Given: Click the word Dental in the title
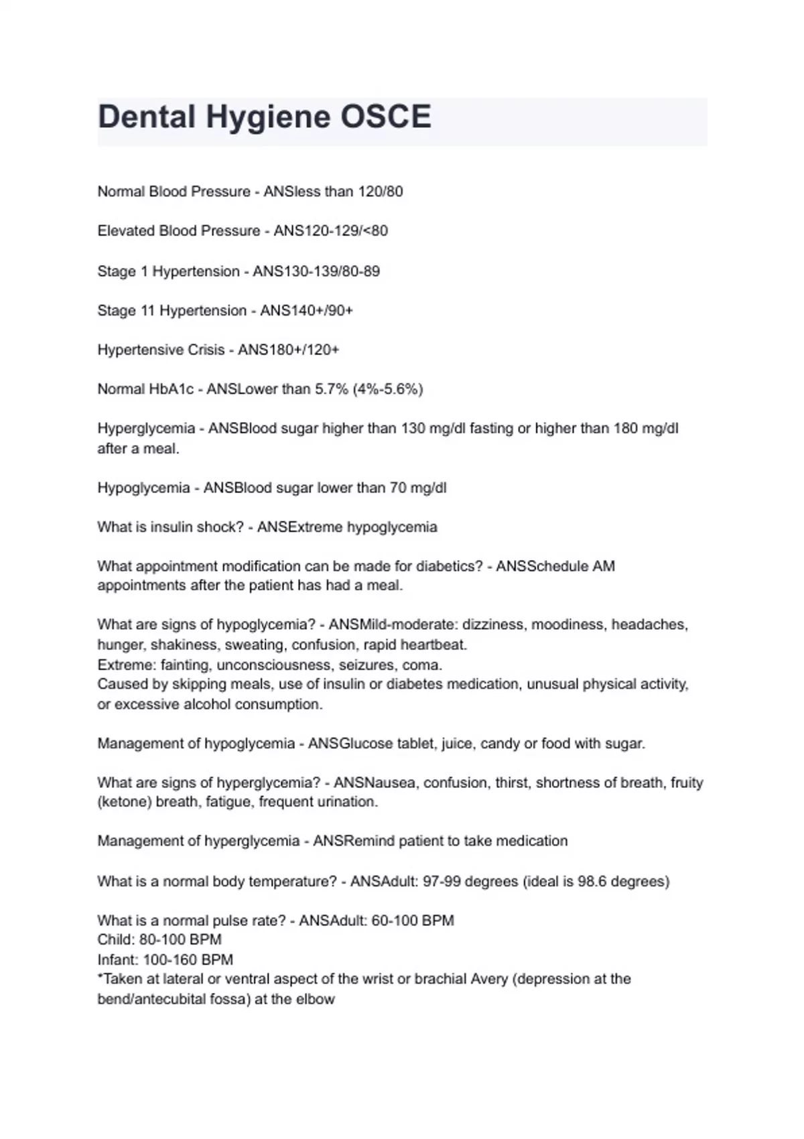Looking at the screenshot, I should coord(147,117).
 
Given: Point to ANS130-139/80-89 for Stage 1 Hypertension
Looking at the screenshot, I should coord(316,271).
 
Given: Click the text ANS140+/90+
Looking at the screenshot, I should coord(306,311).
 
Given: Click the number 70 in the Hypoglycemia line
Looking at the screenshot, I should coord(398,488).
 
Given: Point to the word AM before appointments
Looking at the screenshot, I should coord(604,566).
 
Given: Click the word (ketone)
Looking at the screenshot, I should coord(125,802).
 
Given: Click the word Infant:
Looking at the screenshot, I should coord(118,959).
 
